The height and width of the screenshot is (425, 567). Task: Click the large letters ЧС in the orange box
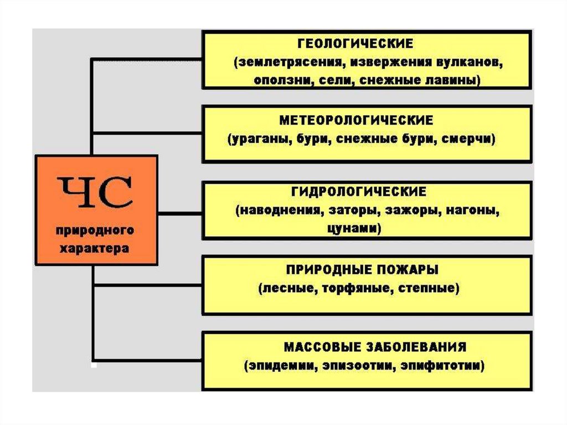tap(95, 192)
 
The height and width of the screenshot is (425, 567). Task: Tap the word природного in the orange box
tap(95, 231)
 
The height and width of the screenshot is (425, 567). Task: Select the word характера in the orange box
tap(94, 249)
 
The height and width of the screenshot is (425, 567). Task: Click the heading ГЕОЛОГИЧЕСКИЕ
tap(355, 43)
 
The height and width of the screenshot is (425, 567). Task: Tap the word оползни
tap(284, 80)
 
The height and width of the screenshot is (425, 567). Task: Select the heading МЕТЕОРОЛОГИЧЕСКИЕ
tap(356, 120)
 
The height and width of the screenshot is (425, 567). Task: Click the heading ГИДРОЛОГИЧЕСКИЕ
tap(359, 192)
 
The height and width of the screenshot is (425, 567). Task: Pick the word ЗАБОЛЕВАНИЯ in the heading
tap(416, 347)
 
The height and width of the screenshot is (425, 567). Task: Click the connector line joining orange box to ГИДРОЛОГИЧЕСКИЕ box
tap(180, 213)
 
